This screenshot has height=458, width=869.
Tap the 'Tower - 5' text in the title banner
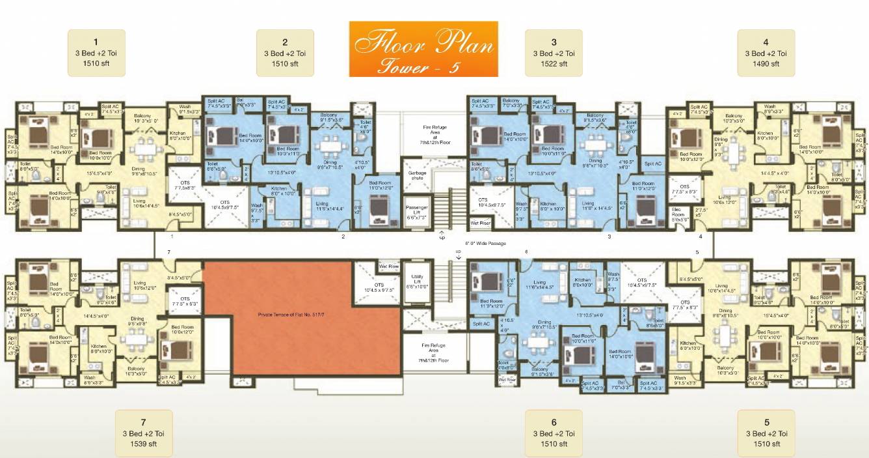click(x=423, y=66)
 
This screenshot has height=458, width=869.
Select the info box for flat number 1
click(x=96, y=53)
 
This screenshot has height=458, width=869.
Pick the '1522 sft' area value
click(x=554, y=64)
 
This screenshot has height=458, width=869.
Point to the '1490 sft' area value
click(x=766, y=64)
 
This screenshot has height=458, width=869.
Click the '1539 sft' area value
click(x=143, y=444)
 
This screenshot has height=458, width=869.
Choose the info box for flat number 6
click(x=554, y=433)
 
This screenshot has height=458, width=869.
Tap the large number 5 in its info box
click(x=766, y=422)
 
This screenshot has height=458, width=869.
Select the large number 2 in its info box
click(x=285, y=42)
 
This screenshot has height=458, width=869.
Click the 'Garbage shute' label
click(x=417, y=176)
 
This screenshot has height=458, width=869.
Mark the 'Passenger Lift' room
click(x=416, y=212)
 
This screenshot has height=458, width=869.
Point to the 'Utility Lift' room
click(x=416, y=281)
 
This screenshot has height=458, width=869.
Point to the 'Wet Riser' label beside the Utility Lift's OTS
click(x=388, y=266)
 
